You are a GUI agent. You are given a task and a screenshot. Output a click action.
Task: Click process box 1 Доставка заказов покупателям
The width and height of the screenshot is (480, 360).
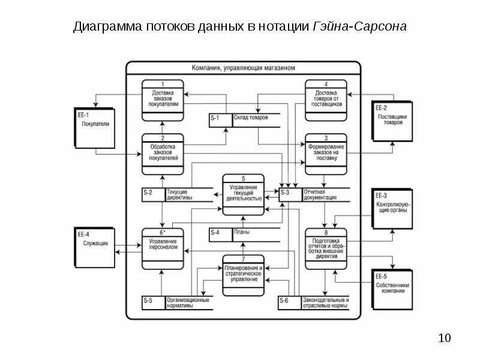coord(163,97)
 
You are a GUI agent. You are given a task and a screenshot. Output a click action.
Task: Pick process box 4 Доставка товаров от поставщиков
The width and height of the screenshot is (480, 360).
coord(325,97)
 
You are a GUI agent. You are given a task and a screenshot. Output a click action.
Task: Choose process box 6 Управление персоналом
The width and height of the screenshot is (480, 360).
coord(163,248)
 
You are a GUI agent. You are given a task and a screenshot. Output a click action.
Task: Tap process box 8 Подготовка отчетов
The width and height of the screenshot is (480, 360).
coord(325,248)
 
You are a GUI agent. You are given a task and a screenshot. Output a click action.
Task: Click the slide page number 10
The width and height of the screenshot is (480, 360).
coord(445,338)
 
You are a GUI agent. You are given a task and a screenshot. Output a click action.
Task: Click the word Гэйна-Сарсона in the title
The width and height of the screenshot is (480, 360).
coord(360,28)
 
